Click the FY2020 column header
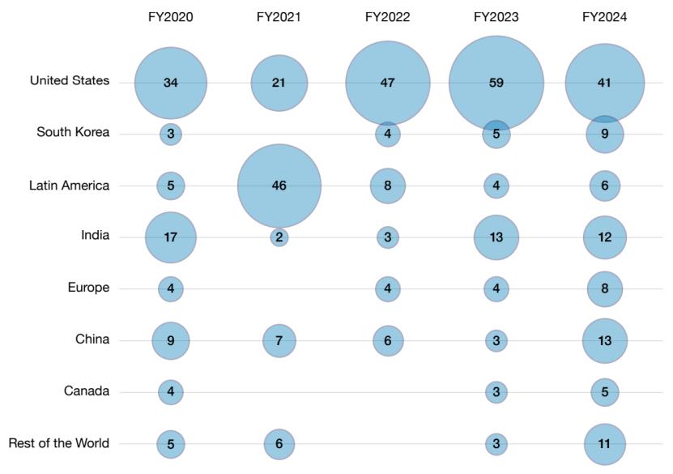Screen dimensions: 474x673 pos(171,16)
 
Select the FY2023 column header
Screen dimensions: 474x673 pos(496,16)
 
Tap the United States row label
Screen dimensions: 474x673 pos(70,81)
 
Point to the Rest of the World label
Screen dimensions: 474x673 pos(58,443)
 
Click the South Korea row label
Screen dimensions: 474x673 pos(73,133)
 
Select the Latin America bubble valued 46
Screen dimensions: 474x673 pos(279,186)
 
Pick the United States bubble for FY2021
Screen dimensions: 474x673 pos(279,83)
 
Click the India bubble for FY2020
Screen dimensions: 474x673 pos(171,237)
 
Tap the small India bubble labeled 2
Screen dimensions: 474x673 pos(279,237)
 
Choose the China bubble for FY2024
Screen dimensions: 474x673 pos(604,341)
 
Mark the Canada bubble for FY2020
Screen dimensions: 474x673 pos(171,392)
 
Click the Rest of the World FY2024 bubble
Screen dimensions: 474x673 pos(604,444)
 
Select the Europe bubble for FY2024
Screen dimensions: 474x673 pos(604,289)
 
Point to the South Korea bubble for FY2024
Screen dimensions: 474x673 pos(604,135)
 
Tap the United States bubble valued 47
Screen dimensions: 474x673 pos(388,83)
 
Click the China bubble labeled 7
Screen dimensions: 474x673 pos(279,341)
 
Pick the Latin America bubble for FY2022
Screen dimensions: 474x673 pos(388,186)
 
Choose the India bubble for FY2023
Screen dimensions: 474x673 pos(496,237)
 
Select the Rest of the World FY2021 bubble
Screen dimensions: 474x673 pos(279,444)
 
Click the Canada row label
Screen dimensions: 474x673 pos(87,391)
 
